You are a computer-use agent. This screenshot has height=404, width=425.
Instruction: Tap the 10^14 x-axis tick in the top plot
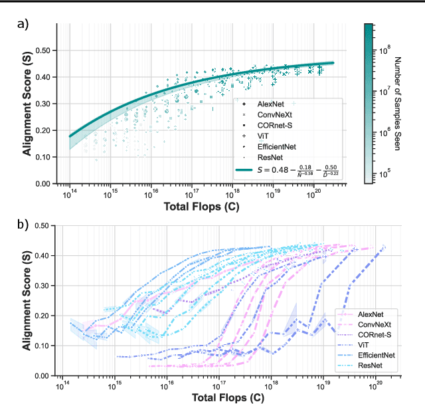(69, 194)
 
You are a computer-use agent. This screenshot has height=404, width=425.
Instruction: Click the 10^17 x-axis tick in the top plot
(191, 194)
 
